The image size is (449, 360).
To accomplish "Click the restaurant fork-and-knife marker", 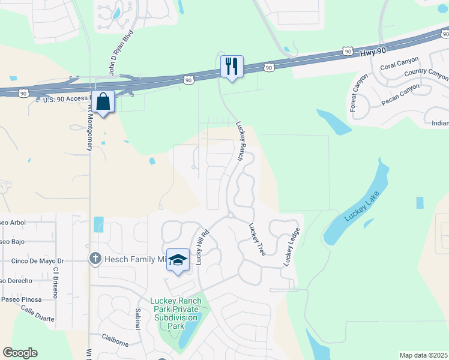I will [232, 65].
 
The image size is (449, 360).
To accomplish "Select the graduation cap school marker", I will [178, 259].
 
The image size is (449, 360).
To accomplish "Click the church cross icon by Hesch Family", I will [94, 259].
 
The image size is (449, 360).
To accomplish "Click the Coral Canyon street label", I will [396, 65].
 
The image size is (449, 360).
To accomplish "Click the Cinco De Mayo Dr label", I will [37, 262].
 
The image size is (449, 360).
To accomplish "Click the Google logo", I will [20, 353].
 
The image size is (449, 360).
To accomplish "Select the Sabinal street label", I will [138, 319].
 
